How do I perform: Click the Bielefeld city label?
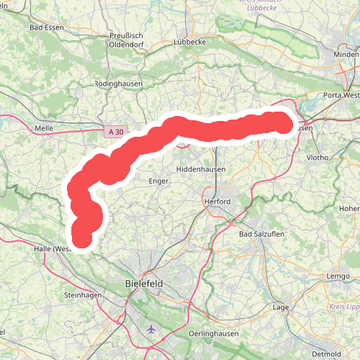click(x=144, y=284)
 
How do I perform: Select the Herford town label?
click(x=217, y=202)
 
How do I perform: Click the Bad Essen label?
click(x=47, y=27)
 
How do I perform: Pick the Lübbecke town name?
click(x=191, y=42)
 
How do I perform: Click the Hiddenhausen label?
click(x=201, y=169)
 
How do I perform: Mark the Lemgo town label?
click(x=337, y=276)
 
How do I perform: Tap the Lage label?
click(x=281, y=307)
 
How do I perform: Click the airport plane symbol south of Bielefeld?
click(x=150, y=329)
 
